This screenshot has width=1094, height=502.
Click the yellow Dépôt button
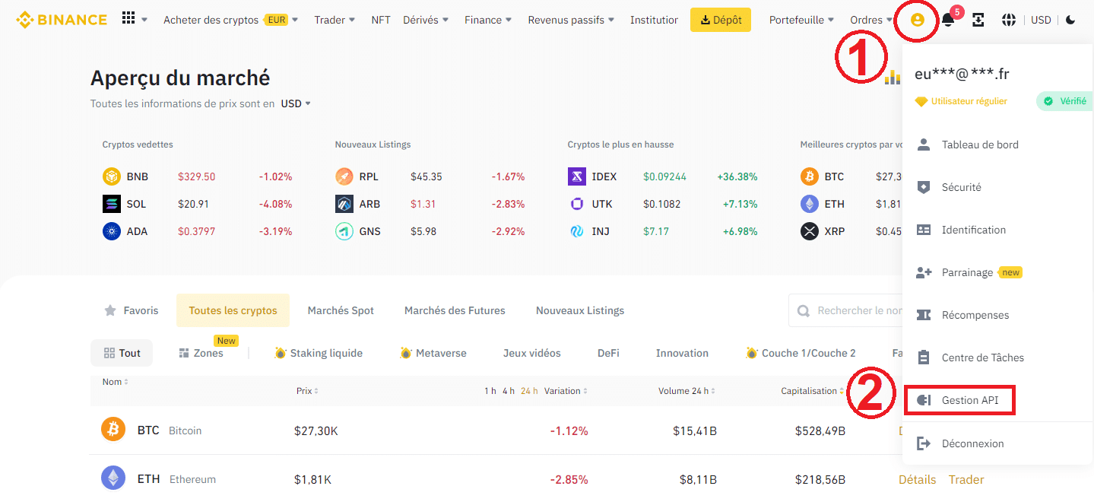(x=720, y=20)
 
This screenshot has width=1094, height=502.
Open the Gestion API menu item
(x=970, y=400)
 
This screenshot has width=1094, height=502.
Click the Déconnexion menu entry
(x=972, y=443)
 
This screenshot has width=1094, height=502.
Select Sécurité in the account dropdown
(x=961, y=187)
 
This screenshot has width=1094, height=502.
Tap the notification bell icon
(x=948, y=21)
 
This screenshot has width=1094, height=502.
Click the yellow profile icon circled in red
(x=917, y=21)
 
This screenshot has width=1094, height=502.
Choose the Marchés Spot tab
(x=341, y=310)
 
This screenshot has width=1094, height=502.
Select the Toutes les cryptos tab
(x=233, y=310)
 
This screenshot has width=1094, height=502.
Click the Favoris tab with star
(x=132, y=310)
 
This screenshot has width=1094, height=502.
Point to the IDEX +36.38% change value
(x=737, y=176)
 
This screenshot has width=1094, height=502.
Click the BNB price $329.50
(x=196, y=176)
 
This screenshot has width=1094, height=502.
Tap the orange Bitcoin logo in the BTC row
(x=113, y=430)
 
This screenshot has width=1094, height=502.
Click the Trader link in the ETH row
(x=966, y=479)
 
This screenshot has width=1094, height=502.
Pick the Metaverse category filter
(x=433, y=353)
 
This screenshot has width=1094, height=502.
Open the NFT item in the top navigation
(x=381, y=20)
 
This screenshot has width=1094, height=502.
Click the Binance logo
(x=62, y=20)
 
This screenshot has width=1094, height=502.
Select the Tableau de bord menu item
(x=979, y=145)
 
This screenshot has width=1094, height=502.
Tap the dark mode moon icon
(x=1070, y=20)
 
